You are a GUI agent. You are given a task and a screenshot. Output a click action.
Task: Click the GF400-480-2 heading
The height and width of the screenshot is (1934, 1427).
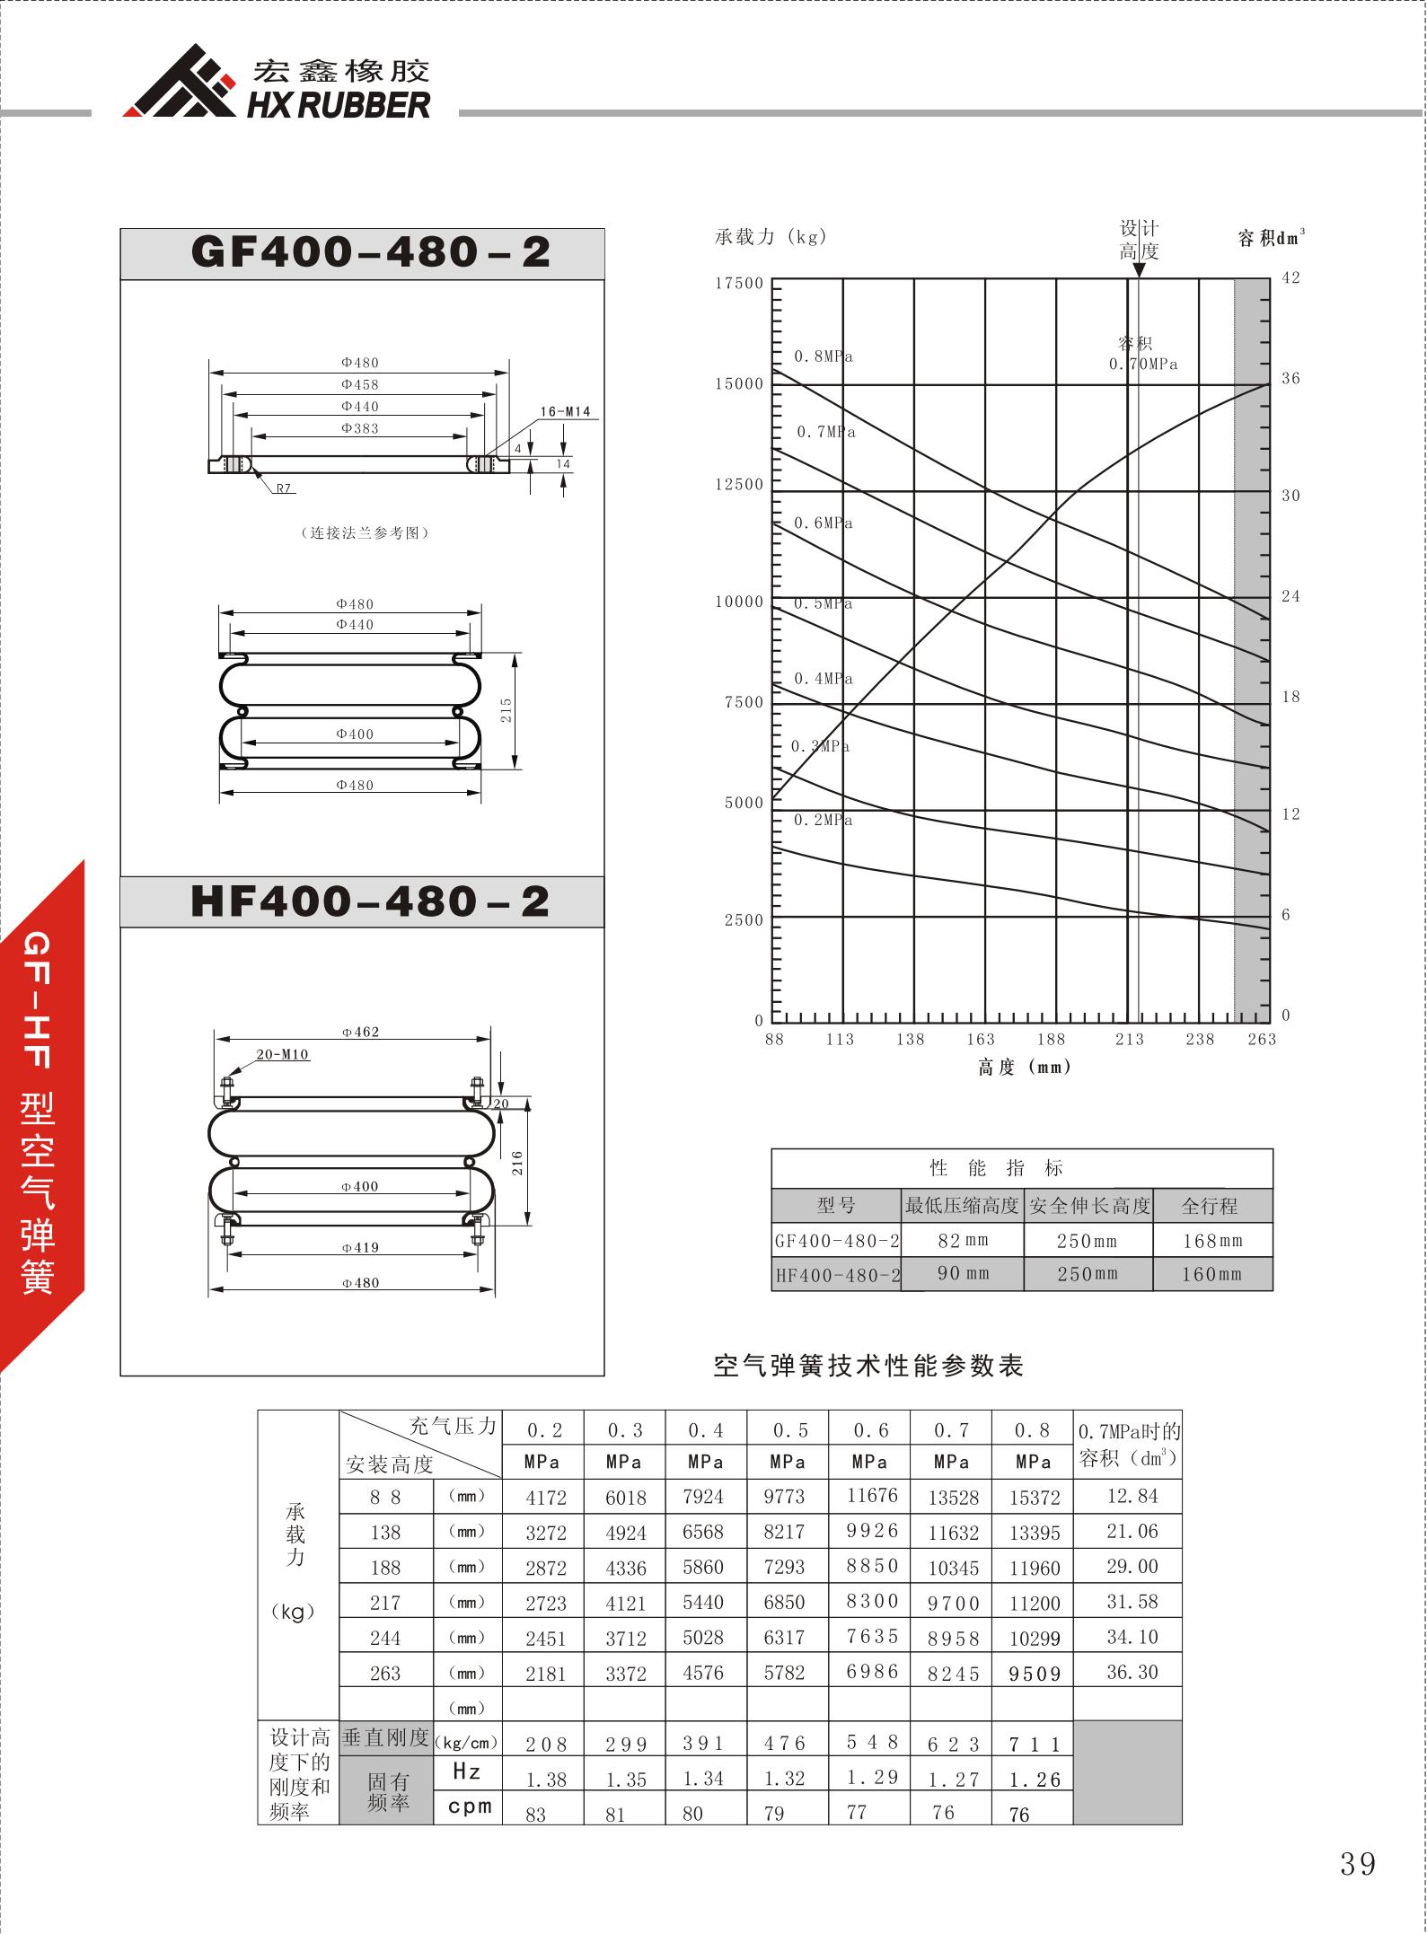370,252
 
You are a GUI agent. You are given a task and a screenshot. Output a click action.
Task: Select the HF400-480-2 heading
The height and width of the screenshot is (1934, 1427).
370,901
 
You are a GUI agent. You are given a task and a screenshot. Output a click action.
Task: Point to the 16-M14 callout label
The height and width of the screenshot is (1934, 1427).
565,411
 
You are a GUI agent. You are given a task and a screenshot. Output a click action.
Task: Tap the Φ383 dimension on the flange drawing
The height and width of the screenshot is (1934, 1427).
360,428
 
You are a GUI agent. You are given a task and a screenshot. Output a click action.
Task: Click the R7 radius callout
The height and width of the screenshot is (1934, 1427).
284,488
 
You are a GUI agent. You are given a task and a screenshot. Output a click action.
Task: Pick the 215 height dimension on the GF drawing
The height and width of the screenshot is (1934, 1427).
506,710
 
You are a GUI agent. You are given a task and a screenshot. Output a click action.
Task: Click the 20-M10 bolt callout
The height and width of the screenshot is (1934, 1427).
283,1054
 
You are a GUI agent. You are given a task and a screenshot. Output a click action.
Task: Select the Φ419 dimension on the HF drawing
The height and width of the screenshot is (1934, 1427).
360,1247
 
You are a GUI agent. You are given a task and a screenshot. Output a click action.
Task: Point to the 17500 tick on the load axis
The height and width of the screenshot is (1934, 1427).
739,284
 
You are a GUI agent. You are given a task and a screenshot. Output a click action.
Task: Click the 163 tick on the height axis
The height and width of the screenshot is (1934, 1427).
981,1039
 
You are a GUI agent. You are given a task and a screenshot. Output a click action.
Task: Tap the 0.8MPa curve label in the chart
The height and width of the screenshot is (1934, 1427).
824,356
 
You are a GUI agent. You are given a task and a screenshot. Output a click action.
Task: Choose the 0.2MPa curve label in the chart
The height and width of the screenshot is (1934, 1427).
824,820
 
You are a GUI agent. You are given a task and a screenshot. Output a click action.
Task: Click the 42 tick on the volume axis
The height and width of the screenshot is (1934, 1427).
1290,278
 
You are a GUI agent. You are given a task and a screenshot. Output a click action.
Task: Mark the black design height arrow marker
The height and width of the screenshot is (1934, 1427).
1139,269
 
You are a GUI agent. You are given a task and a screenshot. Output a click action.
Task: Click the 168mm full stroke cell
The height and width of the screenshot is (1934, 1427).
1211,1241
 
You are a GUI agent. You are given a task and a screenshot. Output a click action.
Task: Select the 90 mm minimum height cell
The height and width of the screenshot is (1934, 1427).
963,1273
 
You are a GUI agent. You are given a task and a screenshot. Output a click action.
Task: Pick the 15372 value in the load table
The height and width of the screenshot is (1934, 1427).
1035,1498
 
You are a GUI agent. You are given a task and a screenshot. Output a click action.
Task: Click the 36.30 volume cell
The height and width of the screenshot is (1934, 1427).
1132,1672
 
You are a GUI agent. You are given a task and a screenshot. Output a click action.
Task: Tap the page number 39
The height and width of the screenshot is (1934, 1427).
1357,1864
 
